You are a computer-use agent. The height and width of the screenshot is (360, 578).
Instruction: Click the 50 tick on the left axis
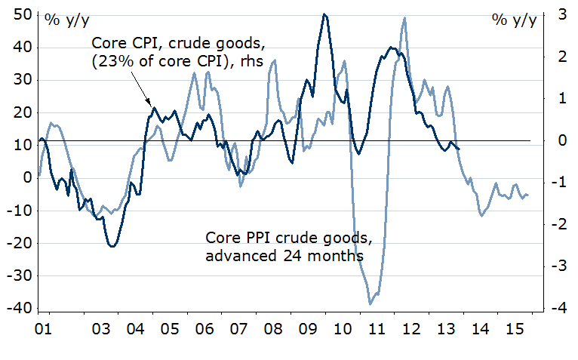(x=20, y=14)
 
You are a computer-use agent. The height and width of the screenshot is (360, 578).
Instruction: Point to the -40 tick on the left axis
(x=17, y=309)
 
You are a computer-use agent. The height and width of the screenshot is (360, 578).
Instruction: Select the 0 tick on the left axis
(x=24, y=178)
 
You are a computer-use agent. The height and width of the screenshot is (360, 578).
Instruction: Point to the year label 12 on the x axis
(x=412, y=331)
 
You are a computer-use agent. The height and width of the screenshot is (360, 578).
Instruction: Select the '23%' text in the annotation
(x=111, y=62)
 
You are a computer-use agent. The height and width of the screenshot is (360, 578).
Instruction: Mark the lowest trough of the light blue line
(x=370, y=304)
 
